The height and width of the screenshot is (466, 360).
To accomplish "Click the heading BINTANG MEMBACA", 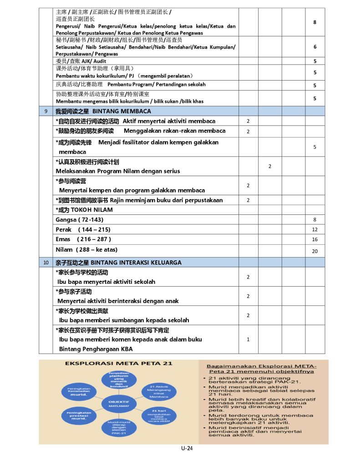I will click(122, 111).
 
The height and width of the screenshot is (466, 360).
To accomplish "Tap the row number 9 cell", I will click(46, 111).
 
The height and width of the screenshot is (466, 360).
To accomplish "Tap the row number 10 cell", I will click(46, 263).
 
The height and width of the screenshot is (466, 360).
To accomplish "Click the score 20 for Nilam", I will click(314, 251).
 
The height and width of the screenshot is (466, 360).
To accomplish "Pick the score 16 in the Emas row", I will click(314, 239).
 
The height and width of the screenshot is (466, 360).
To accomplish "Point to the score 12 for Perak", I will click(314, 230).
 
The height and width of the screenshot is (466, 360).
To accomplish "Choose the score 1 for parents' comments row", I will click(248, 339).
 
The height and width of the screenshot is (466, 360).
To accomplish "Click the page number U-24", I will click(187, 448).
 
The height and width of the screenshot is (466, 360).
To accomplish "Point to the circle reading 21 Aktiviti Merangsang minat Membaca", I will click(159, 391).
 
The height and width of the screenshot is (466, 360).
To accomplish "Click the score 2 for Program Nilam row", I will click(269, 167).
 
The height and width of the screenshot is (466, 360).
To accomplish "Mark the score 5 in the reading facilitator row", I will click(314, 147).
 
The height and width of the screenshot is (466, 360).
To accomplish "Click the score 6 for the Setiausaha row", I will click(314, 47).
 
